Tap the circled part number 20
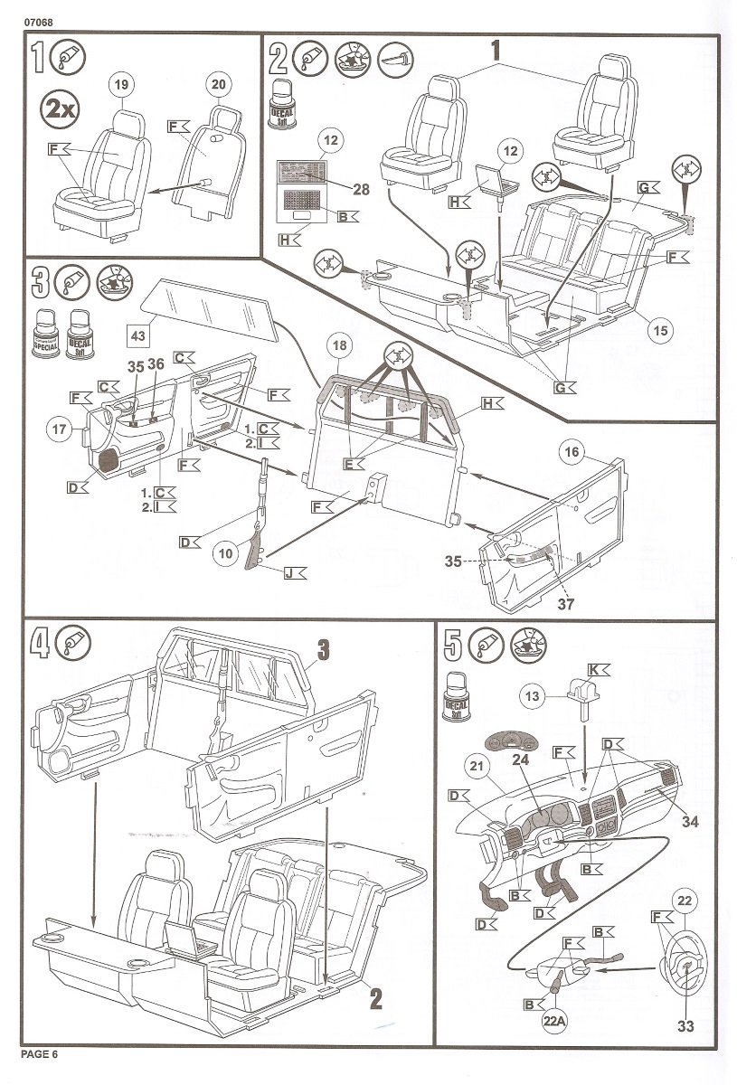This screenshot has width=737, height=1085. click(218, 85)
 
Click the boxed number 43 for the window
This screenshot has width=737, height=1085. click(137, 335)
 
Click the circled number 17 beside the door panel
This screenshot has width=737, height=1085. click(60, 431)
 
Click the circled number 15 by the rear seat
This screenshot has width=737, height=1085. click(660, 331)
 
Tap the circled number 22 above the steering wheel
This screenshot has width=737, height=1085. click(685, 901)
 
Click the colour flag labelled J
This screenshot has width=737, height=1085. click(294, 573)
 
